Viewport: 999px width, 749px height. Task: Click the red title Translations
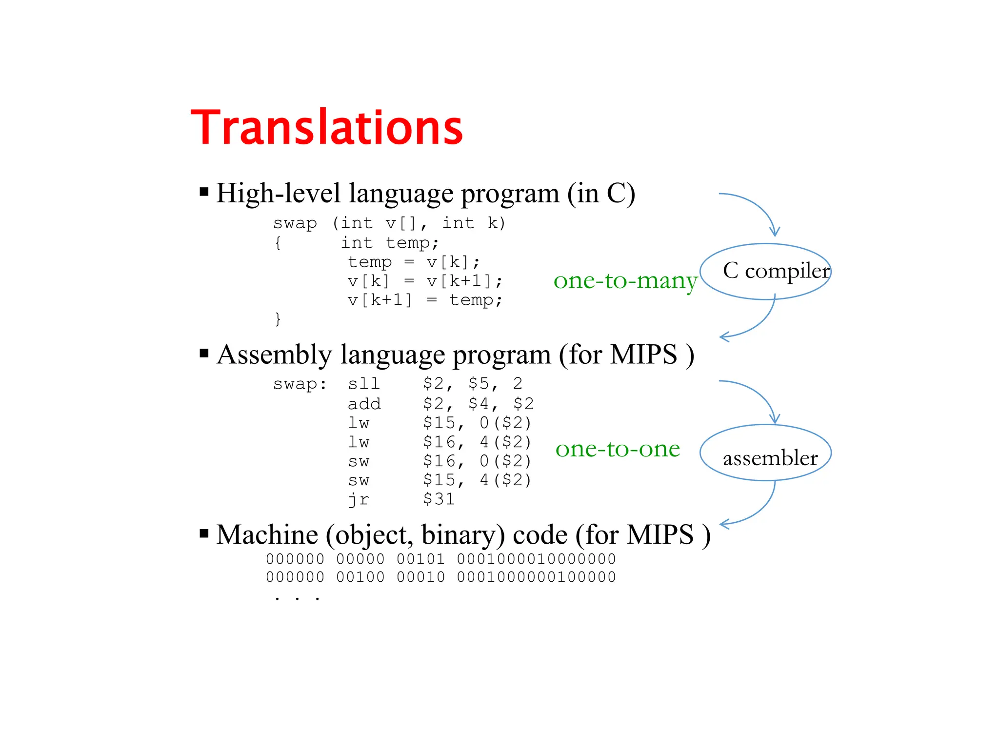point(326,128)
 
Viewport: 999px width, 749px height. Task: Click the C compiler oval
point(765,271)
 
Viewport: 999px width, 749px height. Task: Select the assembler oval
point(765,453)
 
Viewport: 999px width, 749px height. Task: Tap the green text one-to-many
point(625,281)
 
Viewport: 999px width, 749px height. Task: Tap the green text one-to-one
point(618,449)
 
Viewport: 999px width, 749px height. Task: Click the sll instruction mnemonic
point(363,384)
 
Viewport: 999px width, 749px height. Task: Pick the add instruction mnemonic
point(364,404)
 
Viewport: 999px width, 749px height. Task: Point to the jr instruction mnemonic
point(359,499)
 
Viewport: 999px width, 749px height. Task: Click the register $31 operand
point(439,499)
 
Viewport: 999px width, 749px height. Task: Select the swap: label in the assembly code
point(300,384)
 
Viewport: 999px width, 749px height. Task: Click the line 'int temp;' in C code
point(389,243)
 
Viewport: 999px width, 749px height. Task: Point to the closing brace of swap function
point(278,319)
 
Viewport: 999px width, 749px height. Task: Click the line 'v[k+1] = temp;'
point(424,300)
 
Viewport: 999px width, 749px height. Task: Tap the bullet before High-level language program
point(204,192)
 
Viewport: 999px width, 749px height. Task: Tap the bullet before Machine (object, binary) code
point(204,533)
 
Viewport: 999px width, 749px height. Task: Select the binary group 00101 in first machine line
point(420,559)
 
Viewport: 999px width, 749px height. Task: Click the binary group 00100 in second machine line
point(360,577)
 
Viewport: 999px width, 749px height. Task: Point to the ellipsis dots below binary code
point(297,598)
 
